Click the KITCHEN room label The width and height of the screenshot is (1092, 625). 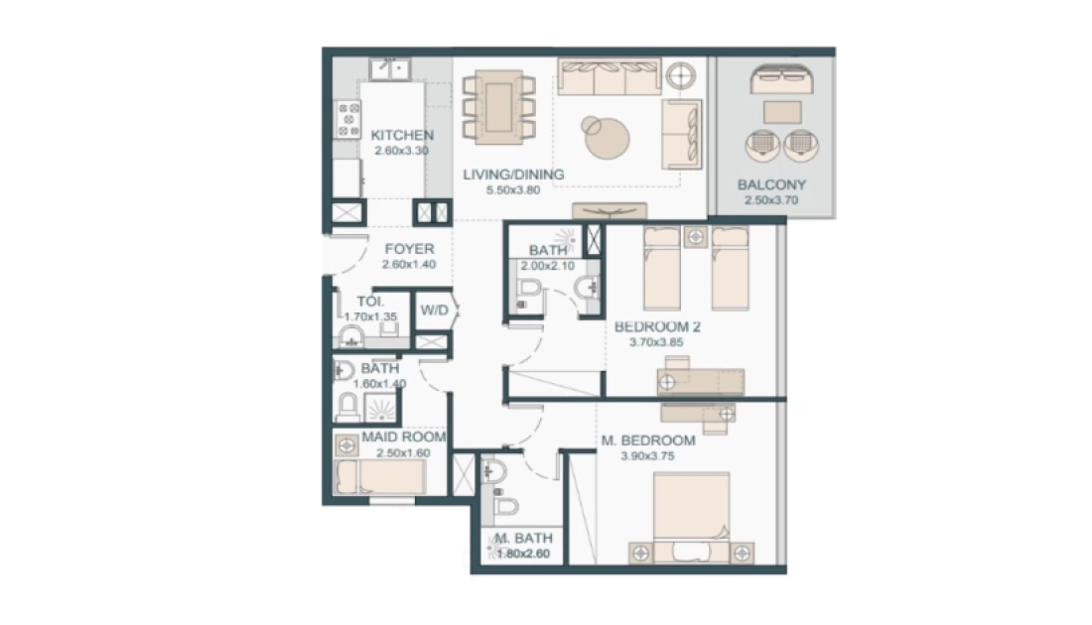(x=402, y=135)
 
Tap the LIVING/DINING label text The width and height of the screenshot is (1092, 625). (x=513, y=174)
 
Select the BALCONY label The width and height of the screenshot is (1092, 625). (x=771, y=186)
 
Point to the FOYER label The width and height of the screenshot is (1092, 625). (x=409, y=248)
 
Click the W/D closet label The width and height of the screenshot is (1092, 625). (x=434, y=311)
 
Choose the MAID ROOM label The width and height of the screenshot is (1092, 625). (x=403, y=437)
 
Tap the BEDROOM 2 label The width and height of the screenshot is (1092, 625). (x=657, y=326)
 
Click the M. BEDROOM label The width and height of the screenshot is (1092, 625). (x=647, y=440)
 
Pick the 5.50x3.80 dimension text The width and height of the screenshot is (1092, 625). (x=513, y=190)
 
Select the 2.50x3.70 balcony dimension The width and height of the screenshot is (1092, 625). (x=771, y=200)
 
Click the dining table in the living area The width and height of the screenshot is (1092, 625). (x=498, y=107)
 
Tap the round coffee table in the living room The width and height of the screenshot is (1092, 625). (x=608, y=137)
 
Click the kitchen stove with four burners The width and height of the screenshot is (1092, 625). (x=348, y=119)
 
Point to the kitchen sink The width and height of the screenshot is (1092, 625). (x=390, y=68)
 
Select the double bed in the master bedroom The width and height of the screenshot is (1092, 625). (x=692, y=515)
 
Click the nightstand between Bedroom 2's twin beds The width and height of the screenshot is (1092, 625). (x=696, y=237)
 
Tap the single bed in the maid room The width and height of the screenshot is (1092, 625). (x=380, y=477)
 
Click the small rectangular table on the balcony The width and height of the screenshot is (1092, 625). (x=782, y=113)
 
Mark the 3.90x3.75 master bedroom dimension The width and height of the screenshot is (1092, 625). (x=647, y=456)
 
